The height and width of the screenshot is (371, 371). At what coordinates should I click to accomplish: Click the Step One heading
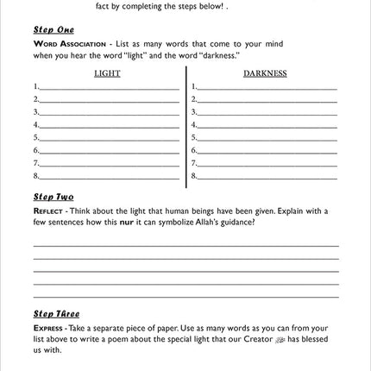click(x=53, y=29)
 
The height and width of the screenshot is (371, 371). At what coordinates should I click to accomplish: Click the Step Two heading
click(x=53, y=198)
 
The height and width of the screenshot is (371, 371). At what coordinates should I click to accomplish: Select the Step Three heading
click(x=56, y=314)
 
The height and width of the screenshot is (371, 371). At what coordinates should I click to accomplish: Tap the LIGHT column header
click(x=107, y=73)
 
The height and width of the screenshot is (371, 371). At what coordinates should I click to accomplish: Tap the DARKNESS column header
click(x=265, y=73)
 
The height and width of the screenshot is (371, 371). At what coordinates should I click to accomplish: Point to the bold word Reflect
click(x=47, y=211)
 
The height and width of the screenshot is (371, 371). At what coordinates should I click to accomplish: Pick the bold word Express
click(x=47, y=328)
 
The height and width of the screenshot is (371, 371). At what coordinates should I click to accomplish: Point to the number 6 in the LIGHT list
click(x=36, y=150)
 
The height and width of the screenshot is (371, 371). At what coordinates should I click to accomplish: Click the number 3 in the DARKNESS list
click(x=194, y=112)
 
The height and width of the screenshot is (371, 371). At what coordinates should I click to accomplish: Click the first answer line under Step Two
click(x=185, y=245)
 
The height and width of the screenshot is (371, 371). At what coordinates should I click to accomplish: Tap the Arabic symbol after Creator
click(x=281, y=339)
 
